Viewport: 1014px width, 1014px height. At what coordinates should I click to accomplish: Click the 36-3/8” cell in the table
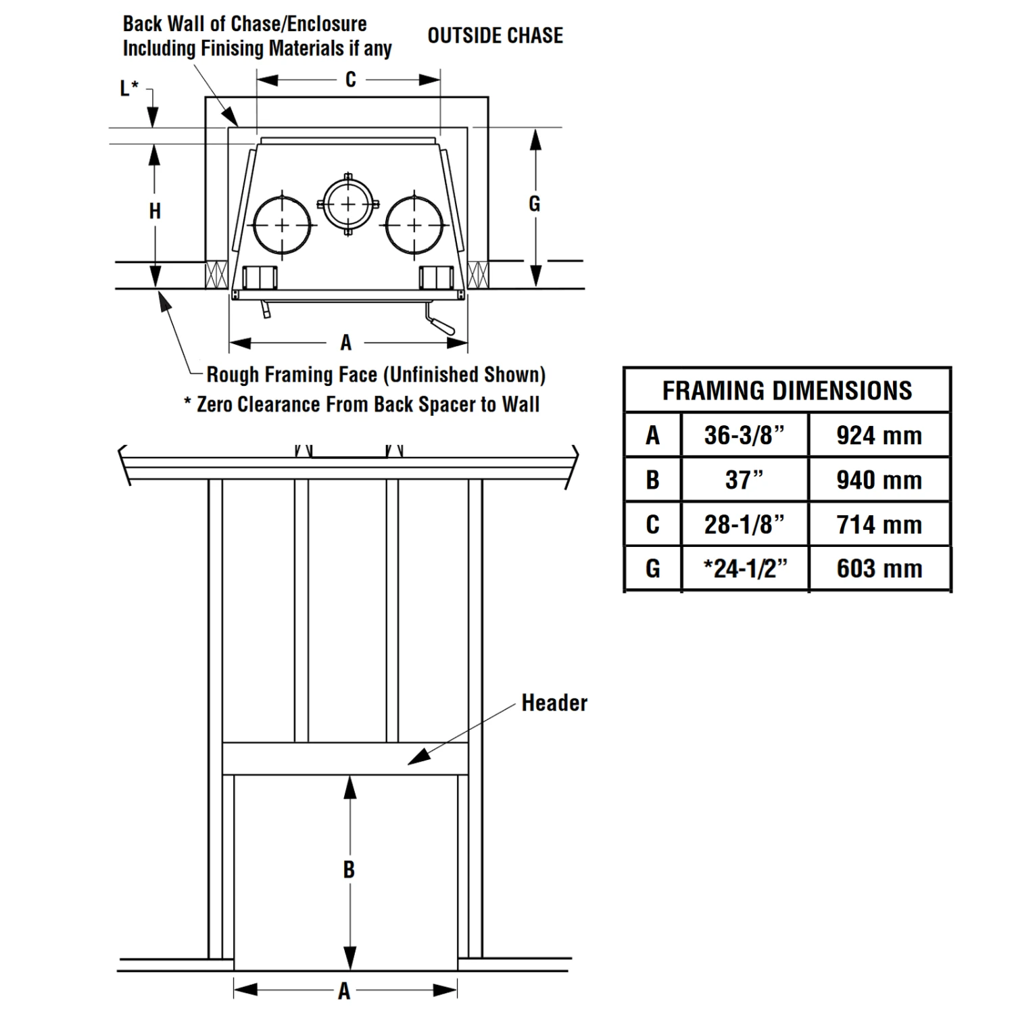pyautogui.click(x=744, y=435)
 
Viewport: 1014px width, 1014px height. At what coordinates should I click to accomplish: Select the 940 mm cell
pyautogui.click(x=879, y=480)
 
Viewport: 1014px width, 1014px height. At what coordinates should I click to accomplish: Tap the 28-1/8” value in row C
pyautogui.click(x=744, y=525)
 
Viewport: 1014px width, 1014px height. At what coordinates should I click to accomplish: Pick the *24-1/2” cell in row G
pyautogui.click(x=744, y=569)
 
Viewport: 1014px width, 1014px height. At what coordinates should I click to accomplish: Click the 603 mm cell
pyautogui.click(x=879, y=569)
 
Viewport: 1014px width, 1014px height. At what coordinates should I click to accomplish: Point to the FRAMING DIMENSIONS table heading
pyautogui.click(x=787, y=391)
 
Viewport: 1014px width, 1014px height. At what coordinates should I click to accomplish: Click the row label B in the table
pyautogui.click(x=652, y=480)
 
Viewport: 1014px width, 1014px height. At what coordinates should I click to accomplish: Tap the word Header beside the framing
pyautogui.click(x=554, y=703)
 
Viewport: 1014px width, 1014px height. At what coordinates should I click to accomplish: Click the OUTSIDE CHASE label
pyautogui.click(x=495, y=35)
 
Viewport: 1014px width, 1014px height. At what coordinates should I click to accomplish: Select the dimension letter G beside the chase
pyautogui.click(x=534, y=203)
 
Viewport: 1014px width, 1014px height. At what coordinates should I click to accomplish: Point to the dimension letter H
pyautogui.click(x=155, y=211)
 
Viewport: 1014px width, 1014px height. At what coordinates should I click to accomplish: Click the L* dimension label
pyautogui.click(x=128, y=88)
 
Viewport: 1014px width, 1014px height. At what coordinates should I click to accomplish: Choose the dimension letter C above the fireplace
pyautogui.click(x=350, y=80)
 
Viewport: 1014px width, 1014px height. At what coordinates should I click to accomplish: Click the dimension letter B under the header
pyautogui.click(x=349, y=869)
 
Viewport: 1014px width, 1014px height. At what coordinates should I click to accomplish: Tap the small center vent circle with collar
pyautogui.click(x=348, y=204)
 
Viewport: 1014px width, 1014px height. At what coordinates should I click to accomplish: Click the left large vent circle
pyautogui.click(x=282, y=224)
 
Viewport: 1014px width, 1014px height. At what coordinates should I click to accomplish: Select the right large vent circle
pyautogui.click(x=414, y=224)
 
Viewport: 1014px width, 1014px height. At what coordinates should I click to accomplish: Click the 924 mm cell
pyautogui.click(x=879, y=435)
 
